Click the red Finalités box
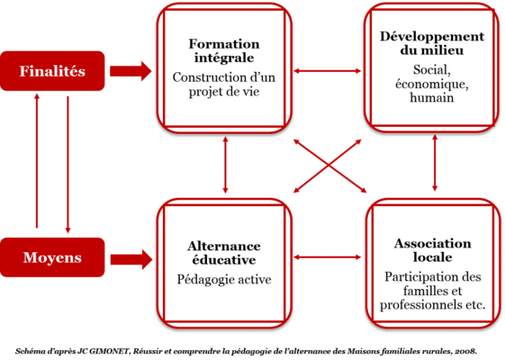click(x=52, y=71)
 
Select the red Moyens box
click(x=52, y=257)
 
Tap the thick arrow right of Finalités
click(x=131, y=71)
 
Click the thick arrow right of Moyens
click(x=131, y=259)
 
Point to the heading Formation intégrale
click(x=224, y=51)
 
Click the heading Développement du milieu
click(x=432, y=43)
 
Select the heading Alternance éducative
click(x=224, y=253)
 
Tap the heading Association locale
click(x=432, y=250)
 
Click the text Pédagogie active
click(x=224, y=279)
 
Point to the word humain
click(x=432, y=97)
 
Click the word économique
click(x=432, y=84)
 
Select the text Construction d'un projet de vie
click(x=224, y=85)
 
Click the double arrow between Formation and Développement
click(x=328, y=71)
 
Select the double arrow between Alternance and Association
click(x=328, y=257)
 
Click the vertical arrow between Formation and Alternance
click(x=225, y=165)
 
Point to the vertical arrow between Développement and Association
click(x=435, y=163)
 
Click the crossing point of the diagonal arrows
click(x=329, y=166)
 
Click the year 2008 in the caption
click(x=467, y=351)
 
